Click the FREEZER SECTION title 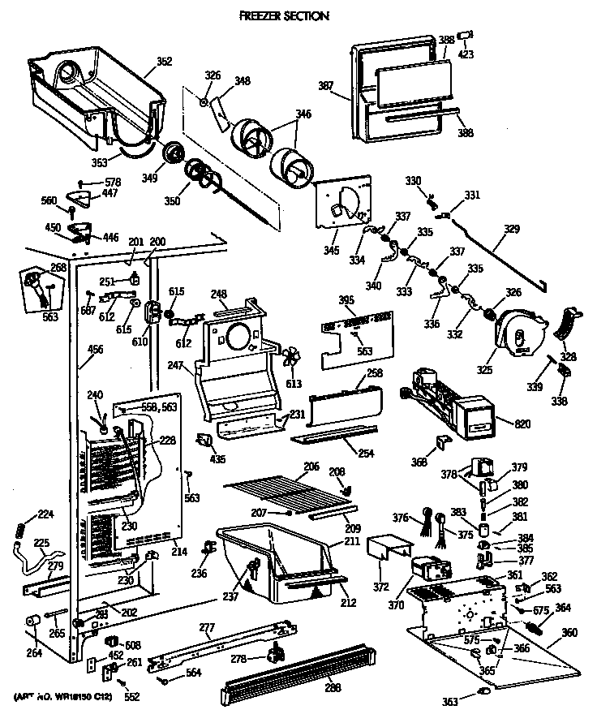tap(283, 15)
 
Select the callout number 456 tap(96, 350)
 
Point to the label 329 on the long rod tap(512, 230)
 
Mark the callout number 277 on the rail tap(206, 626)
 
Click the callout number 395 tap(346, 301)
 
